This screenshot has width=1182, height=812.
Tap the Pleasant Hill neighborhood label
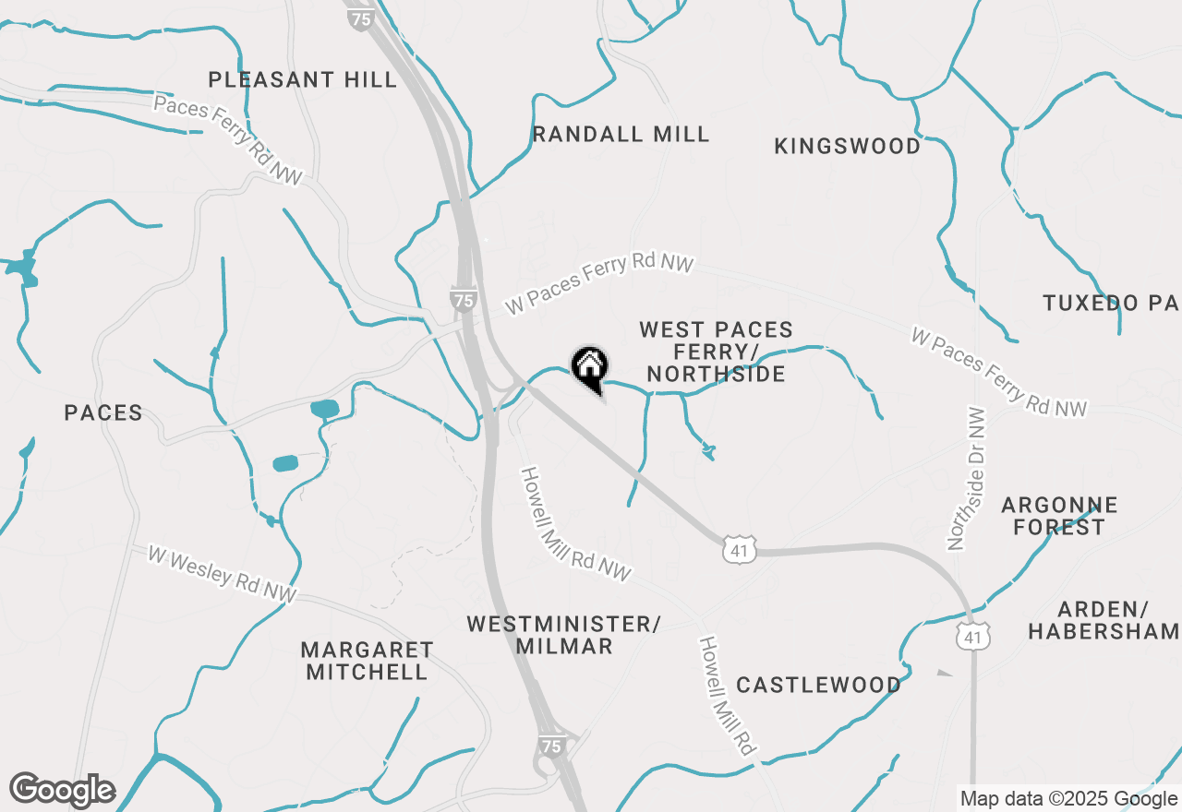(x=302, y=79)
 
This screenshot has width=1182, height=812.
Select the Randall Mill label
(x=621, y=134)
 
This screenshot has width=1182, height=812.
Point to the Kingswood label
(x=847, y=146)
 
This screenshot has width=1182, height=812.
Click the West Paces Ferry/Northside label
(x=716, y=352)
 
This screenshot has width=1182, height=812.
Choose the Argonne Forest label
(x=1059, y=516)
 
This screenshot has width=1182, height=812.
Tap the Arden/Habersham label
(x=1103, y=620)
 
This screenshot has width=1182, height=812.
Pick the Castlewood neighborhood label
(x=818, y=685)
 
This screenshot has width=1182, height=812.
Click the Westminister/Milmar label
(x=563, y=635)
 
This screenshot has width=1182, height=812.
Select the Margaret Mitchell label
(x=367, y=661)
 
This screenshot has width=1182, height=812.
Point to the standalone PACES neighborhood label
(x=103, y=412)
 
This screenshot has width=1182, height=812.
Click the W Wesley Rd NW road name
(x=222, y=574)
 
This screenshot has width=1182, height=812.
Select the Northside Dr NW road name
(x=967, y=480)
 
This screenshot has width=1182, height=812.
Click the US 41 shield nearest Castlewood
(x=741, y=551)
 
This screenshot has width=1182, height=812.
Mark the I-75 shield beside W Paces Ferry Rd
(x=464, y=300)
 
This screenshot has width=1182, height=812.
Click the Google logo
(x=62, y=790)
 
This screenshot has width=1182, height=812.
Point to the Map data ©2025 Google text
(x=1068, y=799)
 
